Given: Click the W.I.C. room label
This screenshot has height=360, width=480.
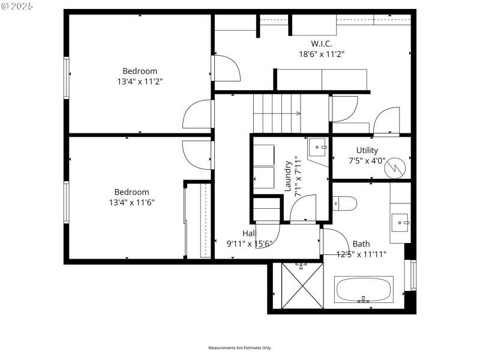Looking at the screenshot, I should click(x=321, y=43).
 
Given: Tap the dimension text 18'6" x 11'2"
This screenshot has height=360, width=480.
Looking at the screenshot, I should click(x=321, y=53).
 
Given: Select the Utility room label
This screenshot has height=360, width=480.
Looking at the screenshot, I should click(x=367, y=151).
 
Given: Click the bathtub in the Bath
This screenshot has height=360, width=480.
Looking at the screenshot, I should click(x=364, y=290).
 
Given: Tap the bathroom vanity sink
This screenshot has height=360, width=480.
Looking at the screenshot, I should click(x=400, y=222).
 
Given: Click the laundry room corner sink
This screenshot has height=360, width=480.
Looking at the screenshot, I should click(x=318, y=148).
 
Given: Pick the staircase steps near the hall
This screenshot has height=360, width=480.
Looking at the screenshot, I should click(x=277, y=113).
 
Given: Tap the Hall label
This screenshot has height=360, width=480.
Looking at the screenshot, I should click(x=250, y=233).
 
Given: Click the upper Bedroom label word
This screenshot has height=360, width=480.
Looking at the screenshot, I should click(x=140, y=71).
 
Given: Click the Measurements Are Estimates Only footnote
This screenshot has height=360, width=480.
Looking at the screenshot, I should click(x=239, y=348).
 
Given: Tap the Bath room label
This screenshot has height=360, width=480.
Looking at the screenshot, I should click(x=361, y=244).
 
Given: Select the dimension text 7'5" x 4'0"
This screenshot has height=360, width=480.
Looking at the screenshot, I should click(x=367, y=161).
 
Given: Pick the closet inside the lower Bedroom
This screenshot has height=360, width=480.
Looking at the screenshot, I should click(x=197, y=221).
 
